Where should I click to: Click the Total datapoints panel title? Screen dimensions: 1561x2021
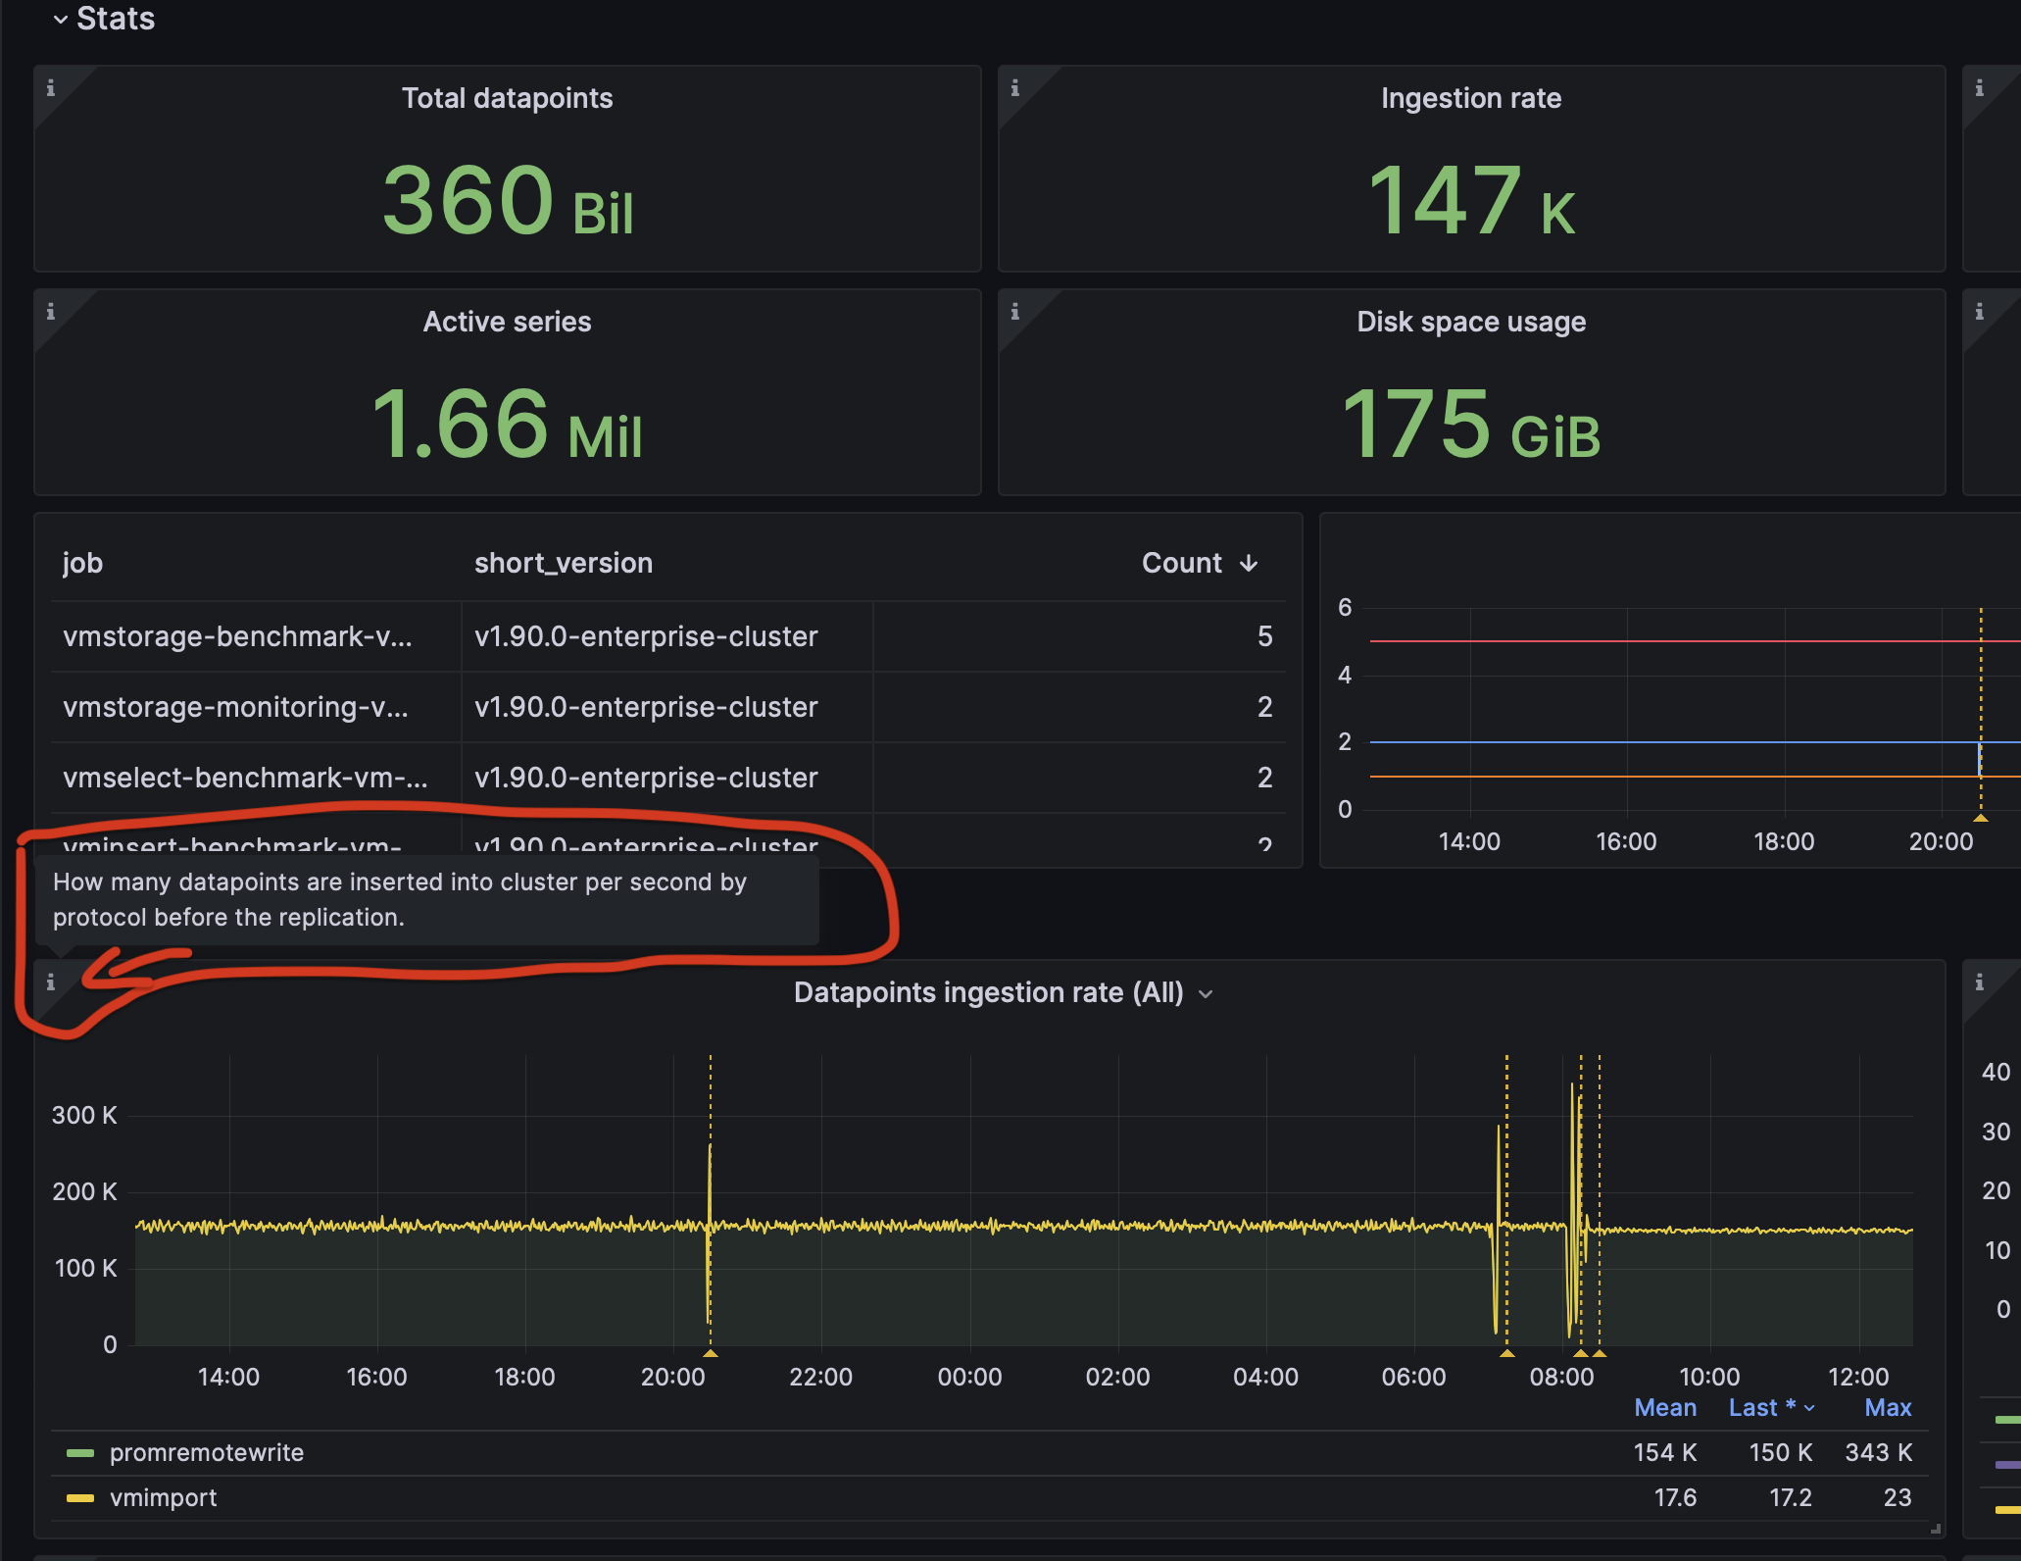(x=507, y=98)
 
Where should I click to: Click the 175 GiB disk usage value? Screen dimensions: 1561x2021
(x=1470, y=425)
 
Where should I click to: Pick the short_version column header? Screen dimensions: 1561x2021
(x=563, y=563)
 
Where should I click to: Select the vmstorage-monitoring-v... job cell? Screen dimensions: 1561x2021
(x=235, y=707)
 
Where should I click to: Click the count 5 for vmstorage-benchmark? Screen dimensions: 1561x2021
(x=1264, y=636)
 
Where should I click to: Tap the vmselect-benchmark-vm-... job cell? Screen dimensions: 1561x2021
(x=245, y=778)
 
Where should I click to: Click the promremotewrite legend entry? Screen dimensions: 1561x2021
(x=206, y=1452)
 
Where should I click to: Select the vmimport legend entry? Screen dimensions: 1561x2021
(x=163, y=1497)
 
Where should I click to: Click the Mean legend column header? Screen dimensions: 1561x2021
(x=1664, y=1407)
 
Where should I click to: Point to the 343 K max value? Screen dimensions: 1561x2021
(x=1878, y=1452)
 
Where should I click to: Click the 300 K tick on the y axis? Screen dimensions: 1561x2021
(x=84, y=1115)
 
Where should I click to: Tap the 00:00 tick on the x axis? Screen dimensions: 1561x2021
(x=968, y=1377)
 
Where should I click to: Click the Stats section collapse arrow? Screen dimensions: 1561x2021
(x=61, y=20)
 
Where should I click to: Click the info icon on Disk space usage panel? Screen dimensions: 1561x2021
(x=1014, y=312)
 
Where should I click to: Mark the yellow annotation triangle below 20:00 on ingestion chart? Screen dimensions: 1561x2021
(x=711, y=1353)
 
